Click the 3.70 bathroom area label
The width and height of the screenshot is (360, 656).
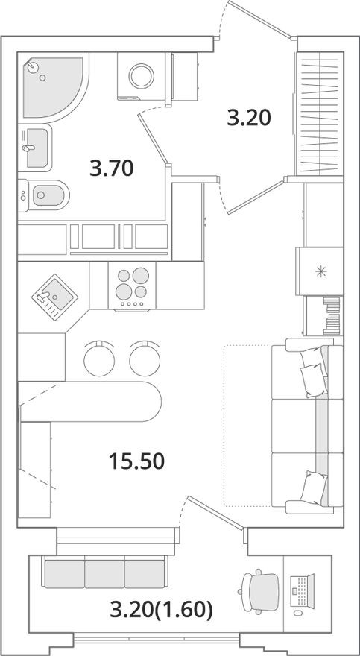(112, 168)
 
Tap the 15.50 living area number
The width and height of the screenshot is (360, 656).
(136, 461)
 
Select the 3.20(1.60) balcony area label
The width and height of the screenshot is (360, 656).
(162, 611)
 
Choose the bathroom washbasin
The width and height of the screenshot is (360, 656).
(35, 148)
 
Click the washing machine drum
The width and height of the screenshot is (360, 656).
(142, 76)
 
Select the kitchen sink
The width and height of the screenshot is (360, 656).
(54, 297)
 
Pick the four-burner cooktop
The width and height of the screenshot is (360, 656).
(132, 286)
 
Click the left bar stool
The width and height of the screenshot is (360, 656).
(99, 359)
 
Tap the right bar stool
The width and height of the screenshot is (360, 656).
(145, 359)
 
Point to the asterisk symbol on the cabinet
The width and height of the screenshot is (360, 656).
(320, 271)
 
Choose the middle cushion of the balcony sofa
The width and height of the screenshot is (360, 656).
(104, 574)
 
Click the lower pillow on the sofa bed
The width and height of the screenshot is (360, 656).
(314, 488)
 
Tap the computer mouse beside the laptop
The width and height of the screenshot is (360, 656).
(297, 613)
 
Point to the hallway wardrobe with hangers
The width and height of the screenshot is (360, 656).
(320, 113)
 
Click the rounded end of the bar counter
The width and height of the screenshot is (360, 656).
(153, 401)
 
